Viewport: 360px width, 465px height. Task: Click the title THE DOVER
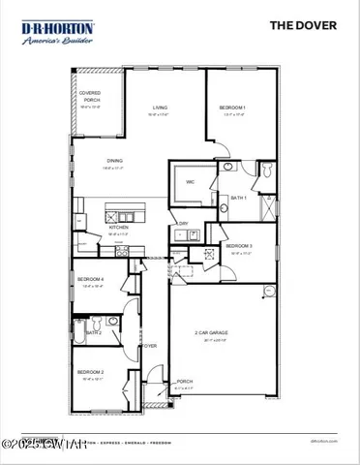point(303,25)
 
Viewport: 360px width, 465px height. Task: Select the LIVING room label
point(160,110)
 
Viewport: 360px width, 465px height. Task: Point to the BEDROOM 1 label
point(232,108)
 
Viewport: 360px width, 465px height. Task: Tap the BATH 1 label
point(237,198)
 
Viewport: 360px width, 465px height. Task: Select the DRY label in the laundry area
point(183,224)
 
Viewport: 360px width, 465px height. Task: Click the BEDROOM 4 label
point(93,280)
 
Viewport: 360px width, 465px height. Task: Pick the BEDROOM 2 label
point(91,372)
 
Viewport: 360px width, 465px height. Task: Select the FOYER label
point(149,345)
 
